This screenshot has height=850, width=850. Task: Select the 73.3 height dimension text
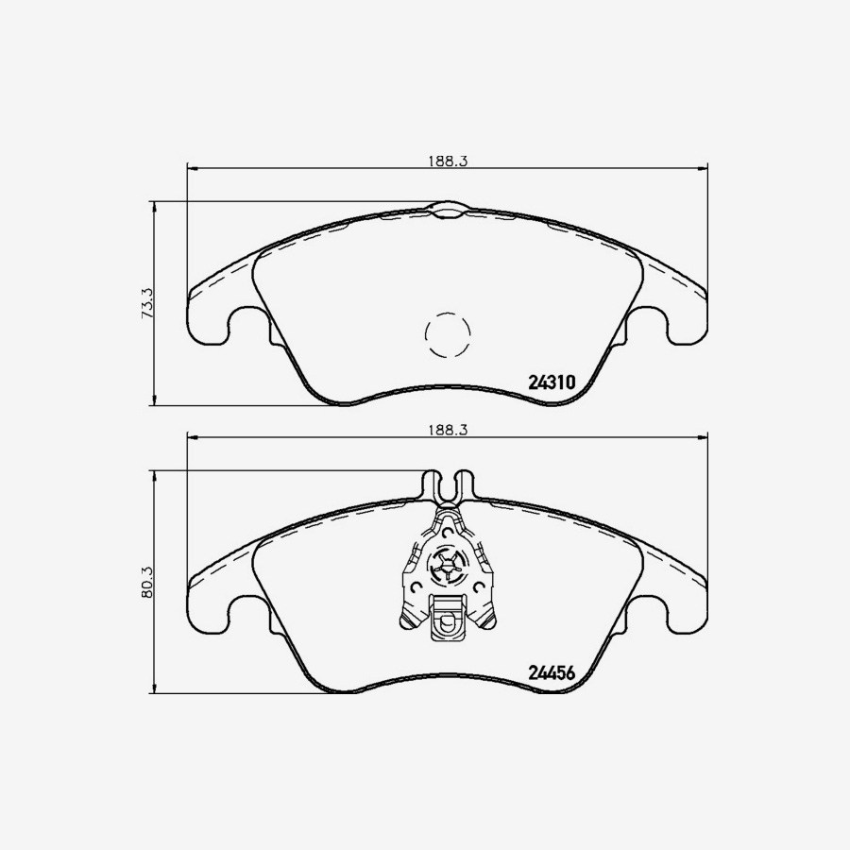[x=146, y=303]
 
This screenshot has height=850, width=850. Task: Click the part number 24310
[x=552, y=382]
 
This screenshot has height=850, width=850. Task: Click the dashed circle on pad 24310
[x=448, y=333]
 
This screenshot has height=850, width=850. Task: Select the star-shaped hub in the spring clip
[x=448, y=567]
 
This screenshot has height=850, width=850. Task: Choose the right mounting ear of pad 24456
[x=684, y=604]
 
